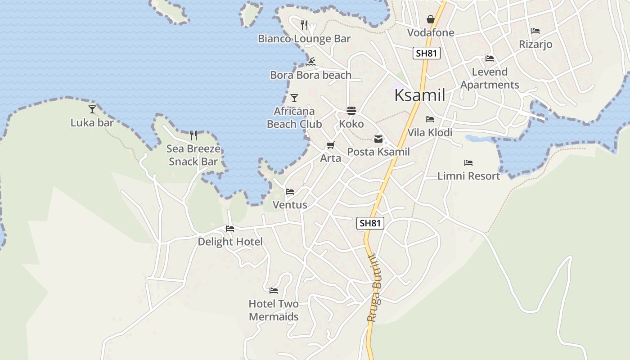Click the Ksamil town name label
tap(419, 95)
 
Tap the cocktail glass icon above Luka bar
tap(92, 109)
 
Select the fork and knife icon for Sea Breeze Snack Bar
tap(193, 135)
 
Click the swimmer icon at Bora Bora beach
tap(310, 62)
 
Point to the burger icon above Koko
tap(351, 111)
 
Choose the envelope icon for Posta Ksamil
tap(378, 139)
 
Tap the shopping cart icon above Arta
tap(331, 145)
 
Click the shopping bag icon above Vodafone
tap(431, 19)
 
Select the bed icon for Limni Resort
tap(468, 163)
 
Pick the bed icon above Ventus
tap(290, 192)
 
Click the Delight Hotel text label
tap(230, 242)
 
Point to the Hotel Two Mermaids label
tap(274, 310)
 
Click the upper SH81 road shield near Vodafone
tap(426, 53)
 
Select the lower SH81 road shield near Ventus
tap(370, 223)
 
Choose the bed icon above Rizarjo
tap(535, 31)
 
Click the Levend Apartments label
tap(490, 78)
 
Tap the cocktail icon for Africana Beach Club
tap(294, 98)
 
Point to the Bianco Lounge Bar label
tap(304, 39)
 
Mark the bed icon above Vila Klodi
tap(430, 119)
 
